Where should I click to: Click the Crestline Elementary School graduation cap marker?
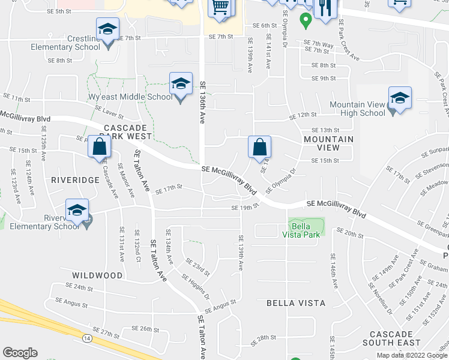click(x=108, y=29)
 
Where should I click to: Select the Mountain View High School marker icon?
click(x=400, y=98)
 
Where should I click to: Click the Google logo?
click(x=20, y=353)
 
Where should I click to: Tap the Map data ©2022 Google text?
click(x=411, y=355)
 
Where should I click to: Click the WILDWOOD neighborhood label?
click(x=97, y=275)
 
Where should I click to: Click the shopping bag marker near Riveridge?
click(x=99, y=147)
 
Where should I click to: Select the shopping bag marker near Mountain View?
click(x=259, y=147)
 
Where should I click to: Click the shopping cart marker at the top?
click(x=220, y=8)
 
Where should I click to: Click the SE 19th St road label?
click(x=244, y=208)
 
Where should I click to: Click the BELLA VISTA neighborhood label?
click(x=296, y=303)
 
